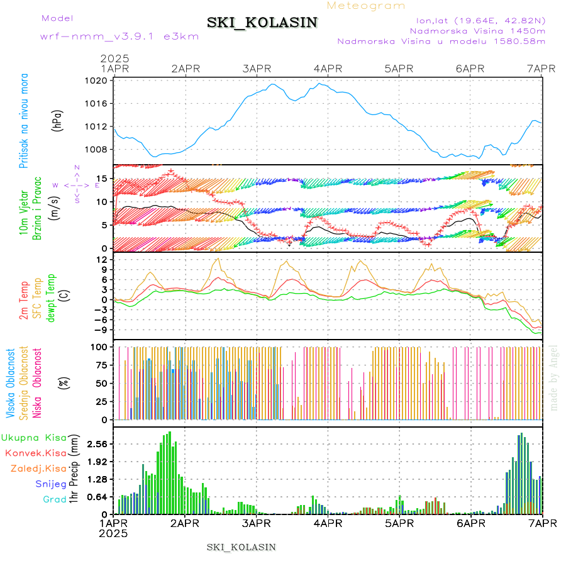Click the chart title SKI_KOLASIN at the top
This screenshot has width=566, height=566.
tap(262, 23)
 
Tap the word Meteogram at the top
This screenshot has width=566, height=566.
tap(367, 6)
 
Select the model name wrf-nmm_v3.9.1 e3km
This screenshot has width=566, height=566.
tap(119, 36)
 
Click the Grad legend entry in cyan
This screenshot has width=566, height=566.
tap(54, 500)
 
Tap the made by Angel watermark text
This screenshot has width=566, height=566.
tap(554, 377)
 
